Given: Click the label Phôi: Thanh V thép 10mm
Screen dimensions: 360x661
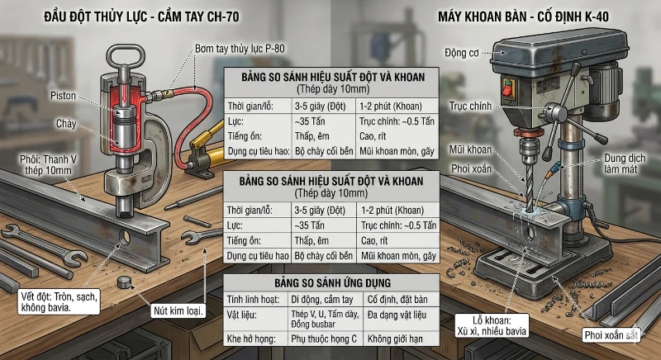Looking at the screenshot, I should click(x=40, y=163).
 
